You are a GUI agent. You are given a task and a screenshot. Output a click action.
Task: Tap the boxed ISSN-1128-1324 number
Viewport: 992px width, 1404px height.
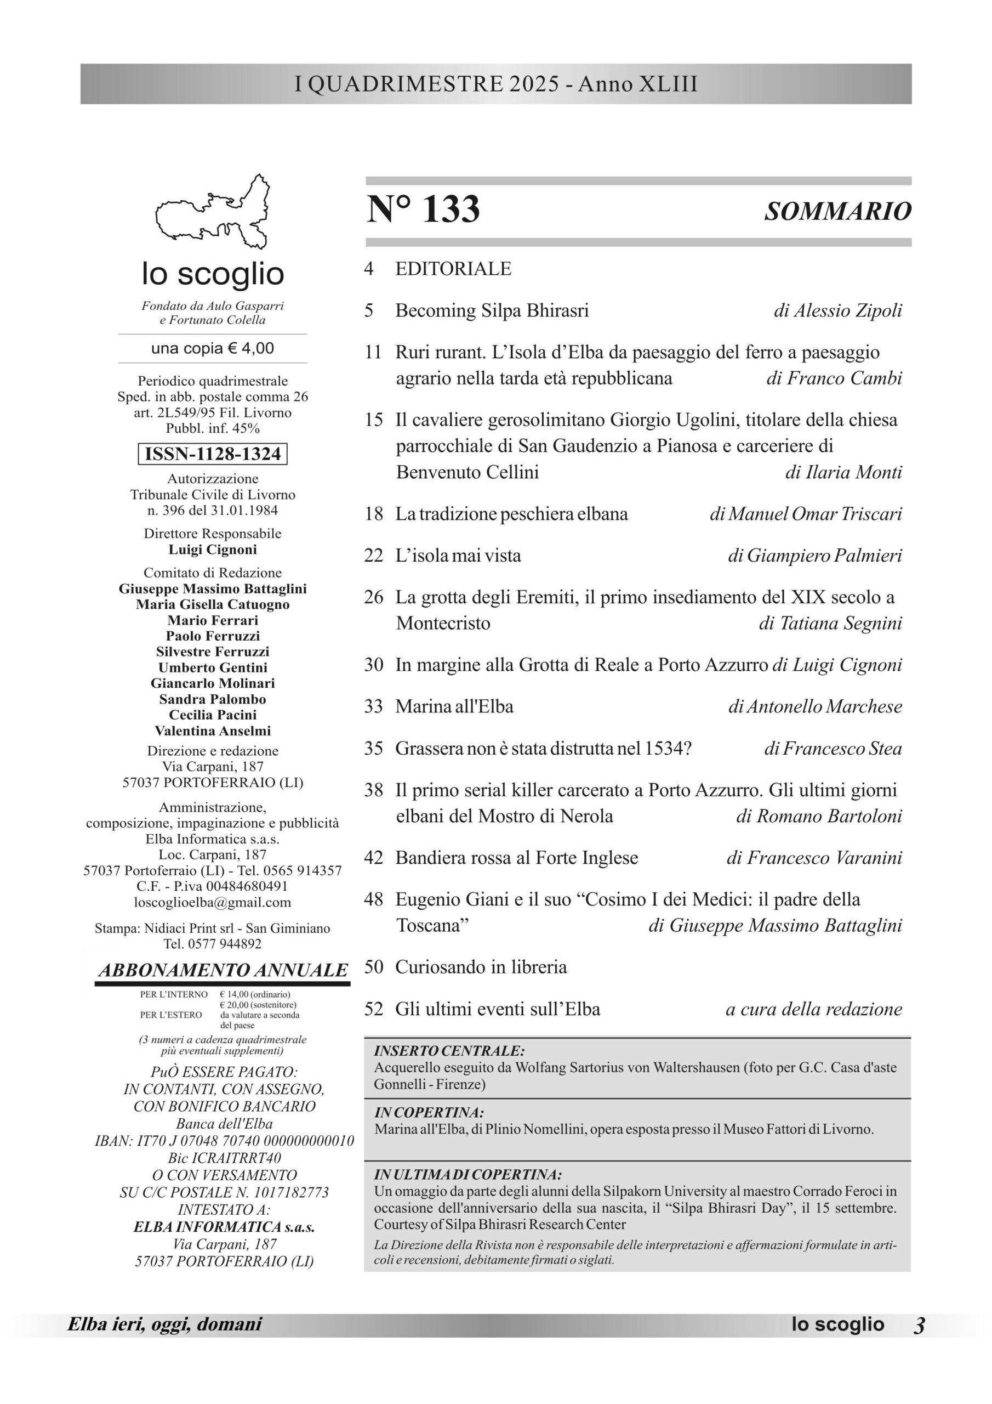pos(213,454)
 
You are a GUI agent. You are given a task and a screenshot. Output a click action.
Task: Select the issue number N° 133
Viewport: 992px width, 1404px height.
pos(423,210)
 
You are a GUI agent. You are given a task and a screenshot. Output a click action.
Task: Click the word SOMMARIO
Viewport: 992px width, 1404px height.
pos(837,212)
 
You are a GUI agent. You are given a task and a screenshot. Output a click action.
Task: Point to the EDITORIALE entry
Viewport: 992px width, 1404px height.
pos(453,269)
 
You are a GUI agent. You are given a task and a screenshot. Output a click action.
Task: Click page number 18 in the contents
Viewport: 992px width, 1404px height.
pos(373,514)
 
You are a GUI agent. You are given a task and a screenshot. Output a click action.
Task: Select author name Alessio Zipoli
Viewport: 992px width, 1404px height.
pos(837,310)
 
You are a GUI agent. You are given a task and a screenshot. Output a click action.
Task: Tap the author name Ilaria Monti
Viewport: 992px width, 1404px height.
pos(843,472)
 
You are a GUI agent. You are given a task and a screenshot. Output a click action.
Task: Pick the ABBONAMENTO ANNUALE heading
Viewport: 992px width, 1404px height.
pos(223,970)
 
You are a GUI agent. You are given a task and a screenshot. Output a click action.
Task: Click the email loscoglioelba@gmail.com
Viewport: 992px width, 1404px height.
pos(213,902)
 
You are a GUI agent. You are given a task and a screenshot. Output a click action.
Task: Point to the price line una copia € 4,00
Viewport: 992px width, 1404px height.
pos(213,349)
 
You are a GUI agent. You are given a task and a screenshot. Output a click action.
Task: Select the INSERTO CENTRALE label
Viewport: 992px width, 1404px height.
pos(449,1051)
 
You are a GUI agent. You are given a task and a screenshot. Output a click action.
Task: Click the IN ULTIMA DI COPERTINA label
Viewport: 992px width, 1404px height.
pos(468,1175)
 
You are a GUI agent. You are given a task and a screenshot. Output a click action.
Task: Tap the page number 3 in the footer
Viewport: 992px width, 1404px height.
pos(919,1324)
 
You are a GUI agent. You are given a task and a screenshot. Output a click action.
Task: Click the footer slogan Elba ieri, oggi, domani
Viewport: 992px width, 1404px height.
pos(164,1324)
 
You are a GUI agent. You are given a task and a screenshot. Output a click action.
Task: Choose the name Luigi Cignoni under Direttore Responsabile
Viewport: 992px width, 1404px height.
pos(213,549)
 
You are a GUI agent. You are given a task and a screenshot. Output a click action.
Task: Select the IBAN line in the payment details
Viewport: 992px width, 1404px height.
pos(224,1140)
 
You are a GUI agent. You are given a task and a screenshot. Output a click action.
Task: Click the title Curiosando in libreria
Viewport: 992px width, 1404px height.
pos(481,967)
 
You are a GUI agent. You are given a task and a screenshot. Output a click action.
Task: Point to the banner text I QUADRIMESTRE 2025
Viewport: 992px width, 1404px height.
pos(426,84)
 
